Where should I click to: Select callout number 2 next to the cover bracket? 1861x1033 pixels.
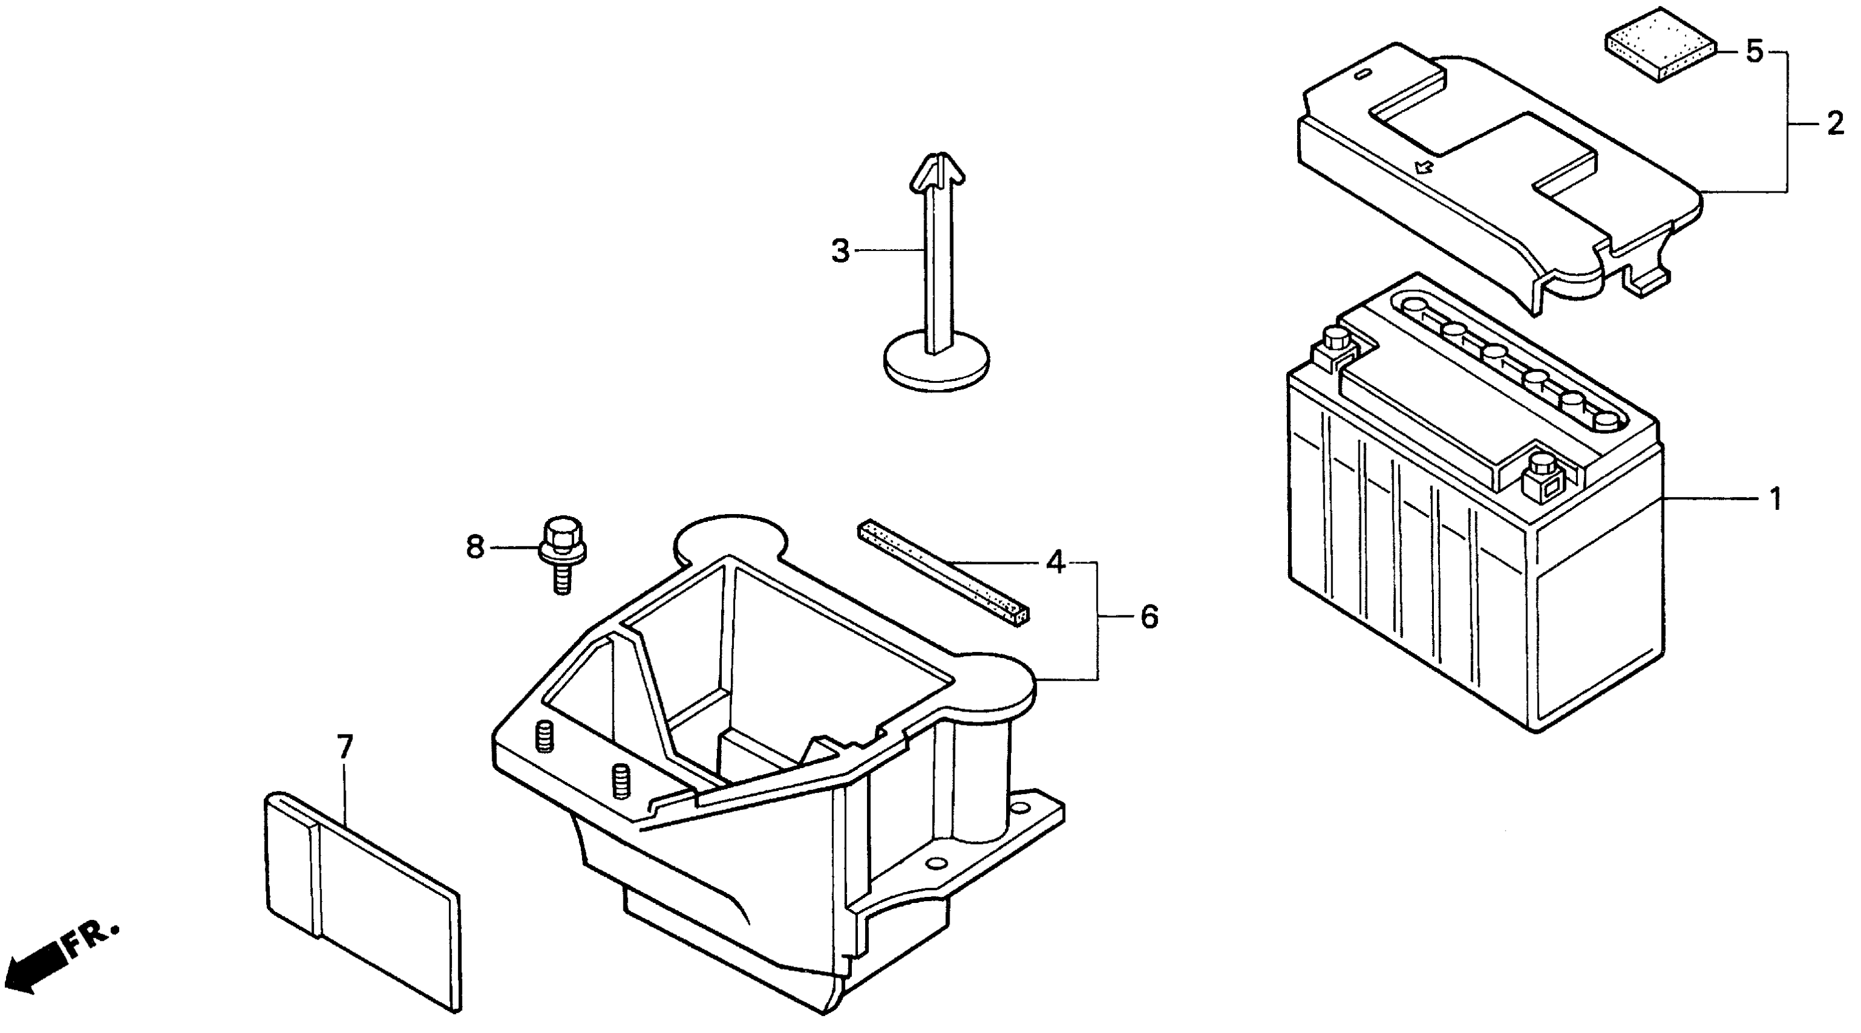(1834, 123)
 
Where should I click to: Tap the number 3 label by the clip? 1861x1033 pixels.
(840, 251)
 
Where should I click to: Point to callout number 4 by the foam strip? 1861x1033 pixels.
(1055, 561)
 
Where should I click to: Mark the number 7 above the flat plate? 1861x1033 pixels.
(344, 747)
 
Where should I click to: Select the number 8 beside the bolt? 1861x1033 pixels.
(475, 547)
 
